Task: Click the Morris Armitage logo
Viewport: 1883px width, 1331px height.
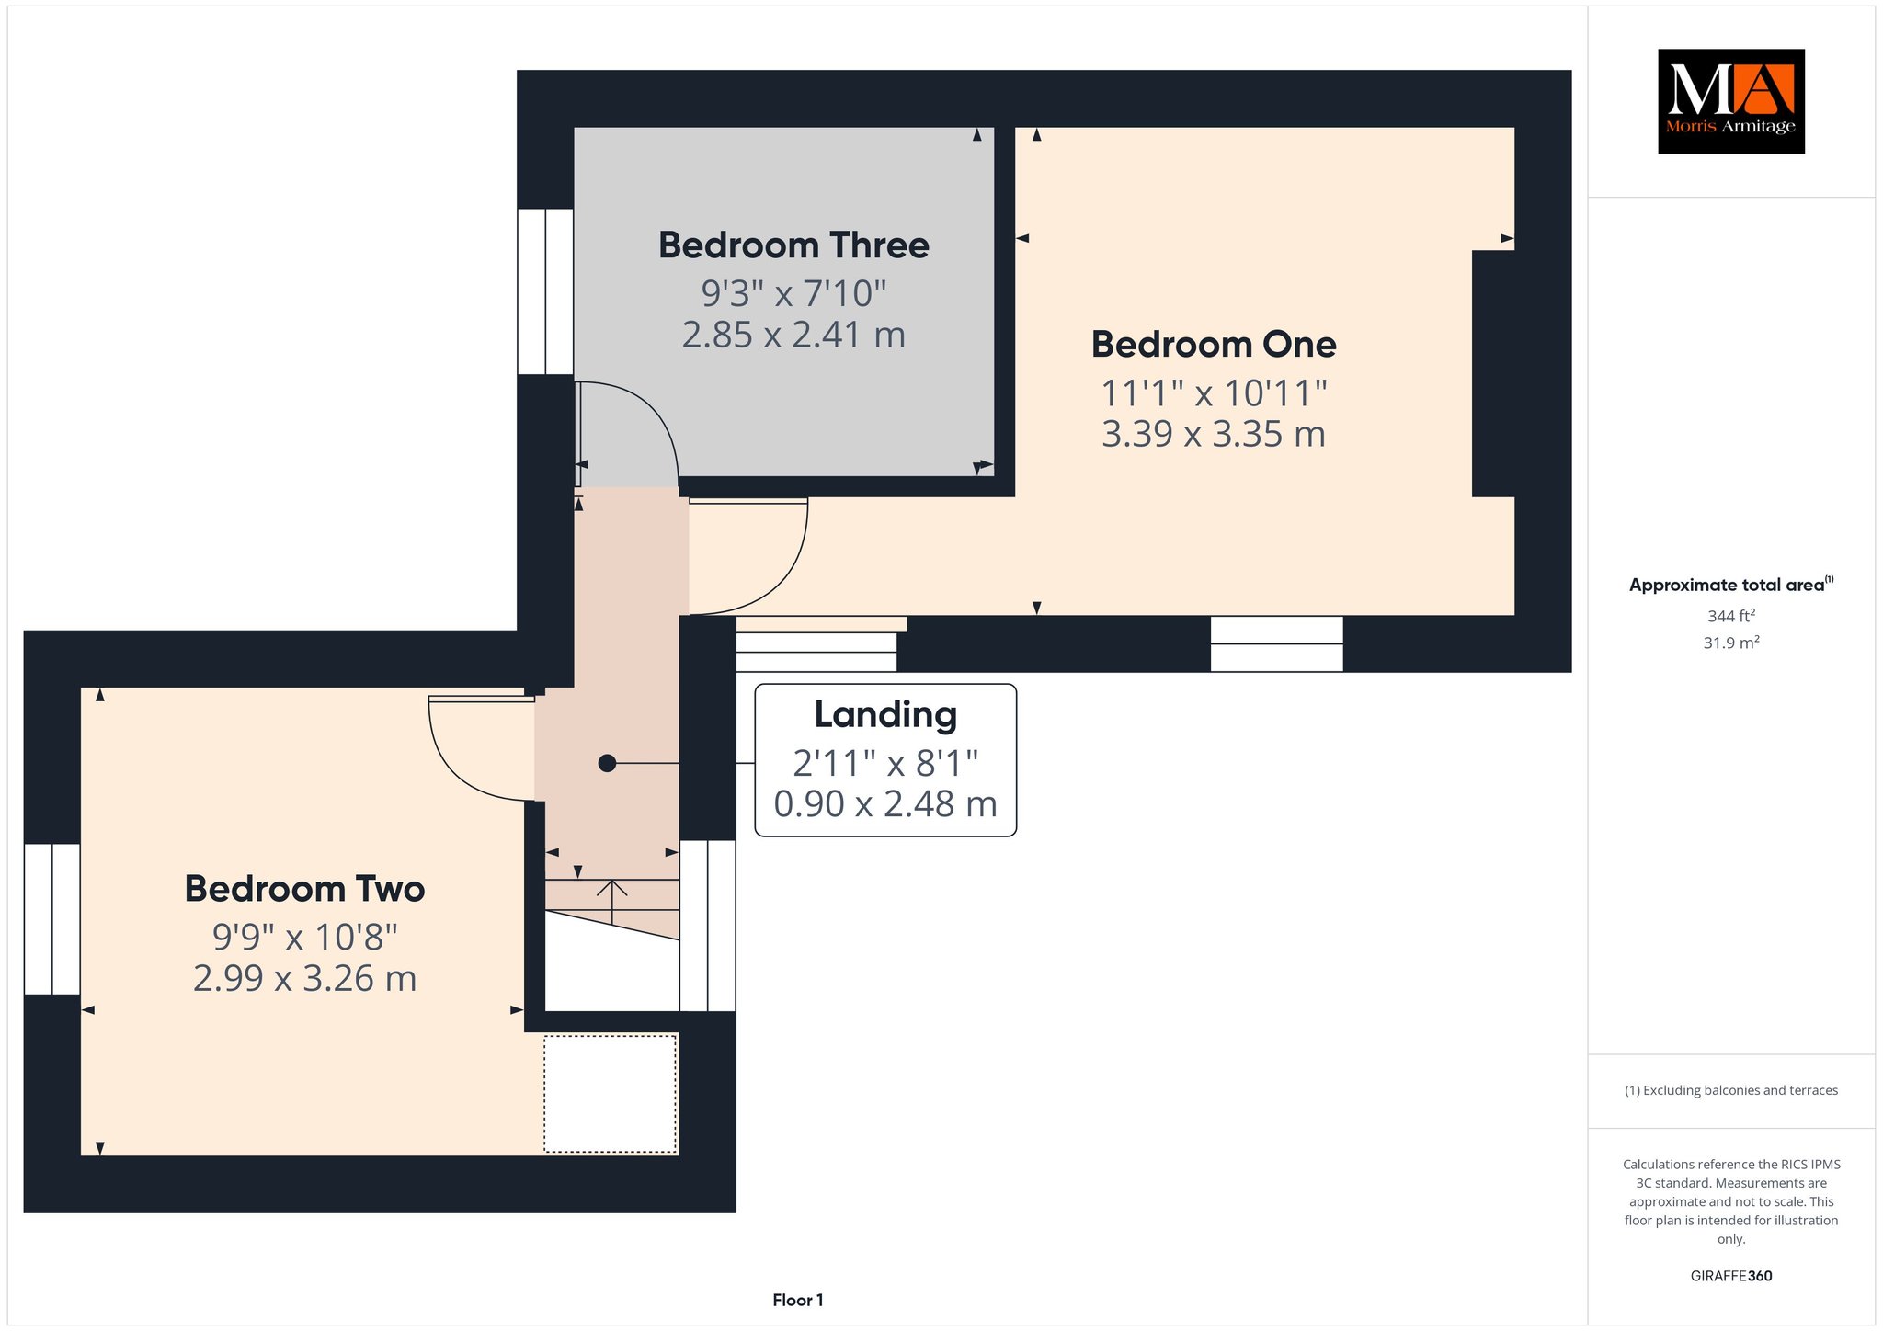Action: pos(1730,101)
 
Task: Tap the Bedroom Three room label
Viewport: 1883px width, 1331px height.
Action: pos(793,245)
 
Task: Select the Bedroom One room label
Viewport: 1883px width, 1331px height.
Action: pos(1214,345)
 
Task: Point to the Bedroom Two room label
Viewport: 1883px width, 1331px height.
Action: pos(304,889)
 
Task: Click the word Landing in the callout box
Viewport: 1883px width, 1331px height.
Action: pos(885,715)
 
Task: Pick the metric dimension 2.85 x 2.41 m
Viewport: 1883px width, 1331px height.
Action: pos(793,335)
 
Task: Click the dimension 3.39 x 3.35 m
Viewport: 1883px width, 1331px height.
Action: pos(1214,434)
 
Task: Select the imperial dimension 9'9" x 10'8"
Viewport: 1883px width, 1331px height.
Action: pos(304,938)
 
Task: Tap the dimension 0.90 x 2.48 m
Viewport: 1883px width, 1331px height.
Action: pos(885,804)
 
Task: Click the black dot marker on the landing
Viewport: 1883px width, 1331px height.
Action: pos(607,763)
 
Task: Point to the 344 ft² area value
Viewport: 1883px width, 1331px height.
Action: pos(1730,616)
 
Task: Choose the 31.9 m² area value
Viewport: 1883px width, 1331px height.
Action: pos(1730,643)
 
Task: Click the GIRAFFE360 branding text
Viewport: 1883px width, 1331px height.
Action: pos(1730,1276)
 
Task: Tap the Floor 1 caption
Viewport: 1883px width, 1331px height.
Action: pos(798,1300)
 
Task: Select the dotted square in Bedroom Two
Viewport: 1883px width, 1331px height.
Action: pos(611,1094)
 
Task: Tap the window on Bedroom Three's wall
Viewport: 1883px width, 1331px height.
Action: pos(545,291)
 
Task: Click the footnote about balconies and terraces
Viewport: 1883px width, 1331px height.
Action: pos(1730,1090)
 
